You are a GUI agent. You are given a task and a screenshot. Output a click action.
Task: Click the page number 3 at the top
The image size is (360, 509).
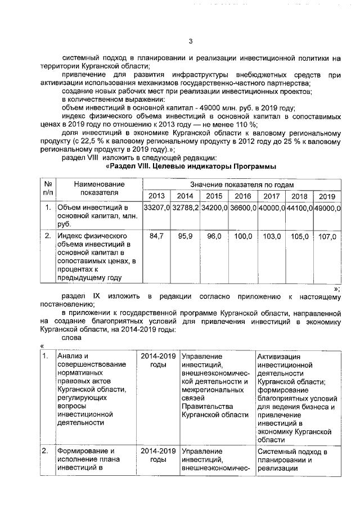pyautogui.click(x=190, y=41)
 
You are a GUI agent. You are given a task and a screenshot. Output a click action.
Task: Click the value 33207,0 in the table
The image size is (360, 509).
pyautogui.click(x=156, y=208)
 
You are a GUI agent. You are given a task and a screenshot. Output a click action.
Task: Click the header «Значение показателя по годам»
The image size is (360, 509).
pyautogui.click(x=241, y=184)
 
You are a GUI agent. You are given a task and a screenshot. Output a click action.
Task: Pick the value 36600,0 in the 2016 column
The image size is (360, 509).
pyautogui.click(x=242, y=208)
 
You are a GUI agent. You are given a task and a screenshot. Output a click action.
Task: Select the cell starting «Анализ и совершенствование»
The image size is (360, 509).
pyautogui.click(x=93, y=388)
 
